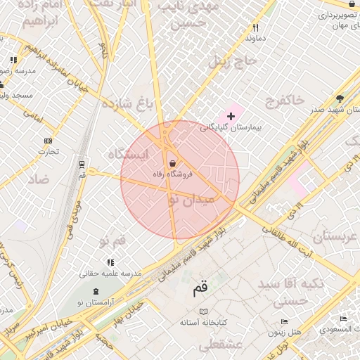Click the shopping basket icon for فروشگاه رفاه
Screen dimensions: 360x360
click(172, 163)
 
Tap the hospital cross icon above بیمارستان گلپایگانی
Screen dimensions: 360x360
click(231, 115)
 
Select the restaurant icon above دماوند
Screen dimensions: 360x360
click(255, 28)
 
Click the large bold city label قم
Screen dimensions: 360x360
click(200, 288)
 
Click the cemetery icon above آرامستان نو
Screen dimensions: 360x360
click(96, 291)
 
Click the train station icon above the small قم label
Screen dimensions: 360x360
click(82, 164)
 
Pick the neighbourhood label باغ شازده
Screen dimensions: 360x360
click(127, 104)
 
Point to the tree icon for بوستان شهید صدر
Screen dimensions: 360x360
click(340, 98)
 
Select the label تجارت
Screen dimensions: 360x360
click(48, 150)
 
